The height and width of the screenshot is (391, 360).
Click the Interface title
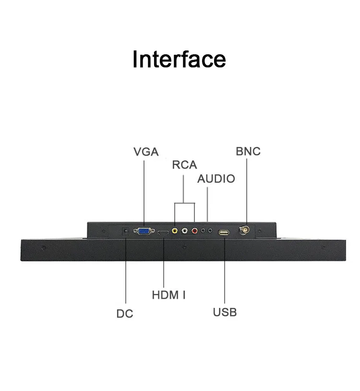[179, 59]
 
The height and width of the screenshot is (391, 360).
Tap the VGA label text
[146, 152]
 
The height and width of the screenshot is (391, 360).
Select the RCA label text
[184, 165]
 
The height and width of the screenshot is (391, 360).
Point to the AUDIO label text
[216, 179]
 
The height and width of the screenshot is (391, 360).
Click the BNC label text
[248, 151]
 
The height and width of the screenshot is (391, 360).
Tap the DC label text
[125, 314]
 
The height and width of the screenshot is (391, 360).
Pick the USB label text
[225, 312]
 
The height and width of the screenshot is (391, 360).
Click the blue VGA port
[144, 232]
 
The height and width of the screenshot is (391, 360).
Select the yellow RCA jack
[175, 231]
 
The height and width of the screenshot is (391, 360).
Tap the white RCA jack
[184, 231]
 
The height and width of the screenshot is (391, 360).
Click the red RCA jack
[194, 231]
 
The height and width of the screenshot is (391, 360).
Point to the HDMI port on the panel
[163, 232]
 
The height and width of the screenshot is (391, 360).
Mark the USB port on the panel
[224, 232]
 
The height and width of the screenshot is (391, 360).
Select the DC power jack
[126, 231]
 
